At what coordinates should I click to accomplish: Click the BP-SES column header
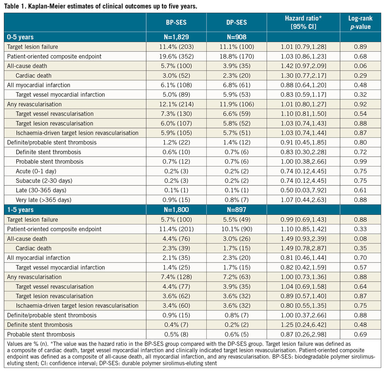click(x=176, y=22)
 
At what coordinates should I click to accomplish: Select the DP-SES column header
click(x=236, y=22)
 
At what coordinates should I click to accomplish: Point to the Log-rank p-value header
click(x=360, y=22)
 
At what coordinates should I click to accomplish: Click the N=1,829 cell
click(x=176, y=37)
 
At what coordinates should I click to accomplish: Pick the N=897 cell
click(x=236, y=210)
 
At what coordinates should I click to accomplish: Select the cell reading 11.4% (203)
click(x=176, y=47)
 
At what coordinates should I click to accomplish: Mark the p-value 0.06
click(x=360, y=66)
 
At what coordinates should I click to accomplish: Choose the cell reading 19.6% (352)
click(x=176, y=56)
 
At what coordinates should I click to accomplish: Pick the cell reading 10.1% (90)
click(x=236, y=229)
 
